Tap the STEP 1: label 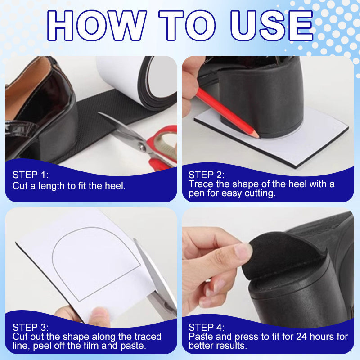point(31,175)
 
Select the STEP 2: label point(207,175)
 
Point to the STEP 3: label point(31,327)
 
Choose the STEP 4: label point(207,327)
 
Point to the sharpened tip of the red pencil point(257,135)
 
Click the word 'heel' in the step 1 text point(117,185)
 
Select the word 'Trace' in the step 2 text point(200,184)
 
